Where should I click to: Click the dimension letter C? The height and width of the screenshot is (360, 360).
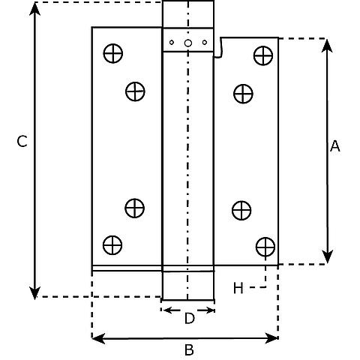(22, 142)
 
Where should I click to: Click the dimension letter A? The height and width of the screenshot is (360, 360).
(335, 146)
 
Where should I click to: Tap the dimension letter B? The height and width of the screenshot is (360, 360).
(189, 349)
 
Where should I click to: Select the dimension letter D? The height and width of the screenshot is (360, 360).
(189, 319)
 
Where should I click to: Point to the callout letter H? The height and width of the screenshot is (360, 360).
(238, 288)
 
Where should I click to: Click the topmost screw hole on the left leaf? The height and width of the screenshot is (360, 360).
(113, 53)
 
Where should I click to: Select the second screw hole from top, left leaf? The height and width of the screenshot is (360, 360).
(135, 91)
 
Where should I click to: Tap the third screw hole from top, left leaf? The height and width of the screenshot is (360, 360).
(135, 208)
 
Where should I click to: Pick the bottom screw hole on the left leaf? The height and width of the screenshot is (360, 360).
(112, 245)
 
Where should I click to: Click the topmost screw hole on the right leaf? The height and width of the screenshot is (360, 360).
(263, 55)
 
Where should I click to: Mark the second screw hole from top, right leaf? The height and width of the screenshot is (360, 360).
(243, 94)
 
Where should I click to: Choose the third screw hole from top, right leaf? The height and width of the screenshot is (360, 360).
(241, 210)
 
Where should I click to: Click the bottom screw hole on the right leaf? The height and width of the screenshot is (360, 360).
(265, 247)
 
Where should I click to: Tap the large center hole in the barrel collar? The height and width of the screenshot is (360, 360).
(188, 43)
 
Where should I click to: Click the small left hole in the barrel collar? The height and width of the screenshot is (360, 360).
(172, 42)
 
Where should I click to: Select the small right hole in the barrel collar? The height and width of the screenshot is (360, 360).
(205, 42)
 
